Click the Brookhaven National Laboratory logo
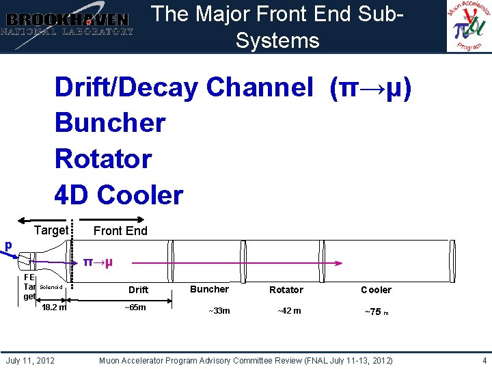click(x=67, y=25)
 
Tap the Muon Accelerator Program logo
click(x=469, y=26)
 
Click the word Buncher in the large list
click(x=110, y=123)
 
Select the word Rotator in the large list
click(x=103, y=159)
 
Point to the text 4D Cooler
click(x=119, y=195)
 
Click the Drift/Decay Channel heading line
click(x=232, y=87)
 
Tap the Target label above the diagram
click(x=51, y=230)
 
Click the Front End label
click(x=120, y=231)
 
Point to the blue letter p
click(x=8, y=245)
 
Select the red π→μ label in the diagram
click(x=98, y=262)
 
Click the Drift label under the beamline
click(x=138, y=290)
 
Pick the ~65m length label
click(x=135, y=307)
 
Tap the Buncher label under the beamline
click(x=210, y=289)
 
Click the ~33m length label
click(x=219, y=311)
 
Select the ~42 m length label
click(x=288, y=311)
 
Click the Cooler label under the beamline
click(x=376, y=290)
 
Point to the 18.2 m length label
click(x=54, y=307)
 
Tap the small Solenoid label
click(x=51, y=287)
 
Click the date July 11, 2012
click(x=31, y=360)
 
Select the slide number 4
click(x=484, y=360)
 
